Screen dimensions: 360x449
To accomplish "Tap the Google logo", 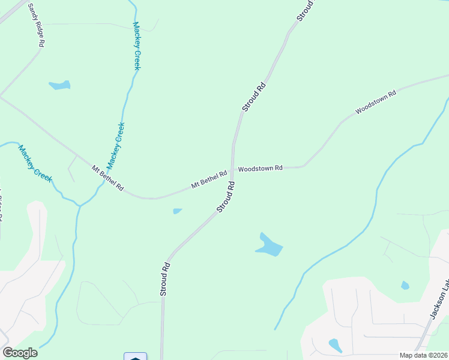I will [20, 353].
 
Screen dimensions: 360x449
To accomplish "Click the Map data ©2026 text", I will [423, 355].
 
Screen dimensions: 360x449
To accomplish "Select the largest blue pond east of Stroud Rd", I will [269, 245].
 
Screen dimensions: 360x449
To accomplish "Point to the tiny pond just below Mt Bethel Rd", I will [177, 211].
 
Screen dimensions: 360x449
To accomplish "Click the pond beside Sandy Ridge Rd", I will [59, 85].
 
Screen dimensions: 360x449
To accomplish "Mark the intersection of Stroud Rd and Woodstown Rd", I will [232, 169].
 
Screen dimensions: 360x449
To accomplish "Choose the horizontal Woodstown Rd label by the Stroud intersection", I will [260, 169].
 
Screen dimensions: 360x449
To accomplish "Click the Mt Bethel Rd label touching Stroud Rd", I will [209, 179].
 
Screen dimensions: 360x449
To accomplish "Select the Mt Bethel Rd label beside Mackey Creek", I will [107, 178].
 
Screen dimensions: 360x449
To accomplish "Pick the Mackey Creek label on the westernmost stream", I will [35, 164].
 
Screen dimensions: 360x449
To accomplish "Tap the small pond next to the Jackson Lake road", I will [405, 285].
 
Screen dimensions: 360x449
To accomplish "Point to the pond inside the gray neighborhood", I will [335, 345].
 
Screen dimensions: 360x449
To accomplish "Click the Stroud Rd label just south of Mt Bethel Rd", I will [226, 197].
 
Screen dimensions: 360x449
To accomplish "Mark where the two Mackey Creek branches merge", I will [80, 205].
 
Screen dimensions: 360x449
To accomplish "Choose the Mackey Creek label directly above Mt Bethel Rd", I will [115, 146].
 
